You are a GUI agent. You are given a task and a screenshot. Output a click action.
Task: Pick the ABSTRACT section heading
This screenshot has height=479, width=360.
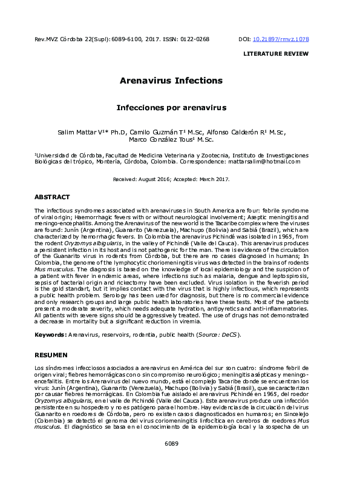52,197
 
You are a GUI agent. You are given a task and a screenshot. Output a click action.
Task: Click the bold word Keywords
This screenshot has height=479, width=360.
49,334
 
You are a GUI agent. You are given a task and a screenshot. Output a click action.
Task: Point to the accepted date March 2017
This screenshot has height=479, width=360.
213,180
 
